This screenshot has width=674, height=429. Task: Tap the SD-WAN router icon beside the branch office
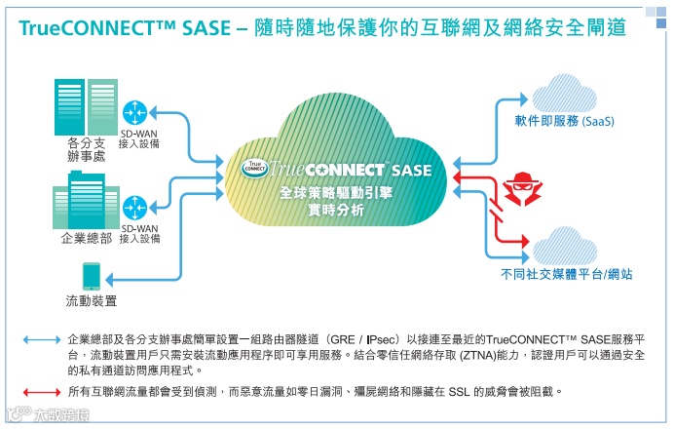point(133,109)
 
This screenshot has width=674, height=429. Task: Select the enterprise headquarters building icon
point(85,201)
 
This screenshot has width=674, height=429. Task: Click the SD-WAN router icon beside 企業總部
point(134,206)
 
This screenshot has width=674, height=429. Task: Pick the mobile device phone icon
point(91,274)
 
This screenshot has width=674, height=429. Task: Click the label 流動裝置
point(91,299)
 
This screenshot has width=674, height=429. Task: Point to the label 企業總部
point(86,238)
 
